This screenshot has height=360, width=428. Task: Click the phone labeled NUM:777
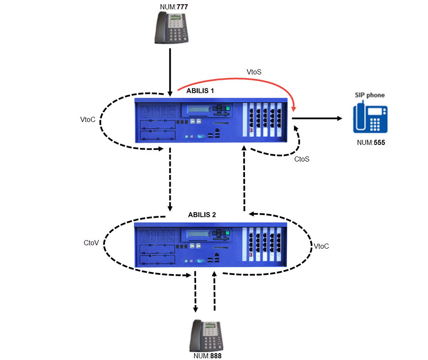tap(171, 28)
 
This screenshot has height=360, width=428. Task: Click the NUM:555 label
tap(371, 143)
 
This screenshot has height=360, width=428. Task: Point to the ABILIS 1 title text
tap(200, 91)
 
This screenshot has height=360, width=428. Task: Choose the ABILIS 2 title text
tap(202, 215)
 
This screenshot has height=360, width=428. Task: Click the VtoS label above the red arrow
tap(254, 72)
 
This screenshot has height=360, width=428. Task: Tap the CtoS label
tap(302, 159)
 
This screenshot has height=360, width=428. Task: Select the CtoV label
tap(91, 243)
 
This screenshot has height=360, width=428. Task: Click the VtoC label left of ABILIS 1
tap(87, 119)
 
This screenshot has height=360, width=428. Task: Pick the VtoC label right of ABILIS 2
tap(321, 246)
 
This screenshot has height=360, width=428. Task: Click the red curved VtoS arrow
tap(238, 79)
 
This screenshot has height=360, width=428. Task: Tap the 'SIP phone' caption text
tap(370, 95)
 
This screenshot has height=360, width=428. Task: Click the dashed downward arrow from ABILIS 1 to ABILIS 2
tap(170, 179)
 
